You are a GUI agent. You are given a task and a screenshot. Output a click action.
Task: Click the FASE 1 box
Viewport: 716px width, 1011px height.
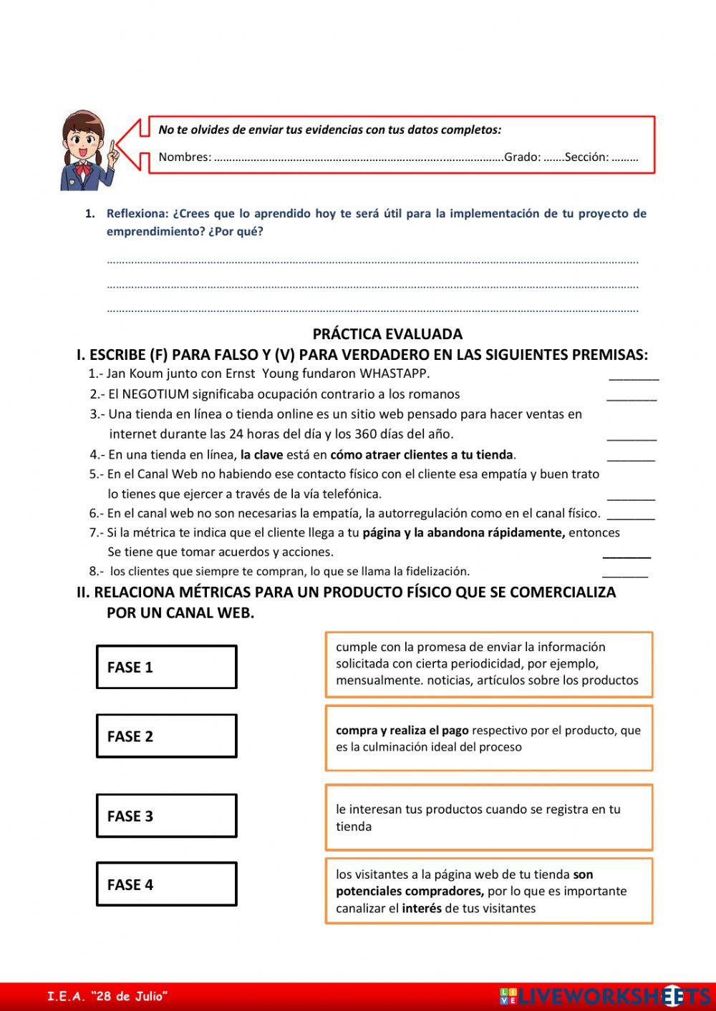tap(166, 667)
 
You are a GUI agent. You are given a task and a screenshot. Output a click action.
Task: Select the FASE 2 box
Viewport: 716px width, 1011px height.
tap(166, 736)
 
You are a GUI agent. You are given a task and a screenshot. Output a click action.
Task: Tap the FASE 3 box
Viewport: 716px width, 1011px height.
tap(166, 816)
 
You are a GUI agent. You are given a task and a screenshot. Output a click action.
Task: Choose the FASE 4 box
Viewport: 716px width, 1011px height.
tap(166, 884)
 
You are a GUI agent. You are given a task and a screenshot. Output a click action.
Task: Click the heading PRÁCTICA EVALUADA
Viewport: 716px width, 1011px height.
tap(387, 334)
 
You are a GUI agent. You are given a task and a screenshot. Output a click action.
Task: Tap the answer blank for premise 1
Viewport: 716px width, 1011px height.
tap(634, 376)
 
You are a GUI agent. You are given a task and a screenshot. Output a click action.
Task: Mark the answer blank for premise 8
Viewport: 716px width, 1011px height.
tap(624, 573)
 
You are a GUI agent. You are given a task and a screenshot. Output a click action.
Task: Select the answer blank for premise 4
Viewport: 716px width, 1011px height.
tap(630, 456)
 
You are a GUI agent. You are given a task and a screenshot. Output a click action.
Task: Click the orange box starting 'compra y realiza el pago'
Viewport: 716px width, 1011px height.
tap(488, 738)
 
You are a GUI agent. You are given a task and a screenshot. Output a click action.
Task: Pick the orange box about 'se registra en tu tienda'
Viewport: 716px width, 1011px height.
tap(488, 817)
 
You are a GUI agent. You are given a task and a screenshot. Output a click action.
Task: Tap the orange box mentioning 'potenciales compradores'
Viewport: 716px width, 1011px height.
tap(488, 891)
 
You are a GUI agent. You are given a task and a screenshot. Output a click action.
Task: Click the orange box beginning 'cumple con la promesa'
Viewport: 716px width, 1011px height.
tap(488, 664)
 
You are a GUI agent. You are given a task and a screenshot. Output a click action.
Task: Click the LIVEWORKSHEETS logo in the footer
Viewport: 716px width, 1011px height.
tap(605, 996)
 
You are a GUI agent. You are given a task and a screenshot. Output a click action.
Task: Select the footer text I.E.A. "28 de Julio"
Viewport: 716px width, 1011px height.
tap(107, 996)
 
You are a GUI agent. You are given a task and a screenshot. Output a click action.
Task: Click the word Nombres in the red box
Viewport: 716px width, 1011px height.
tap(184, 157)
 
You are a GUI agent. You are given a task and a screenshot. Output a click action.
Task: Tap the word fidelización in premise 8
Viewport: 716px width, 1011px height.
tap(437, 571)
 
